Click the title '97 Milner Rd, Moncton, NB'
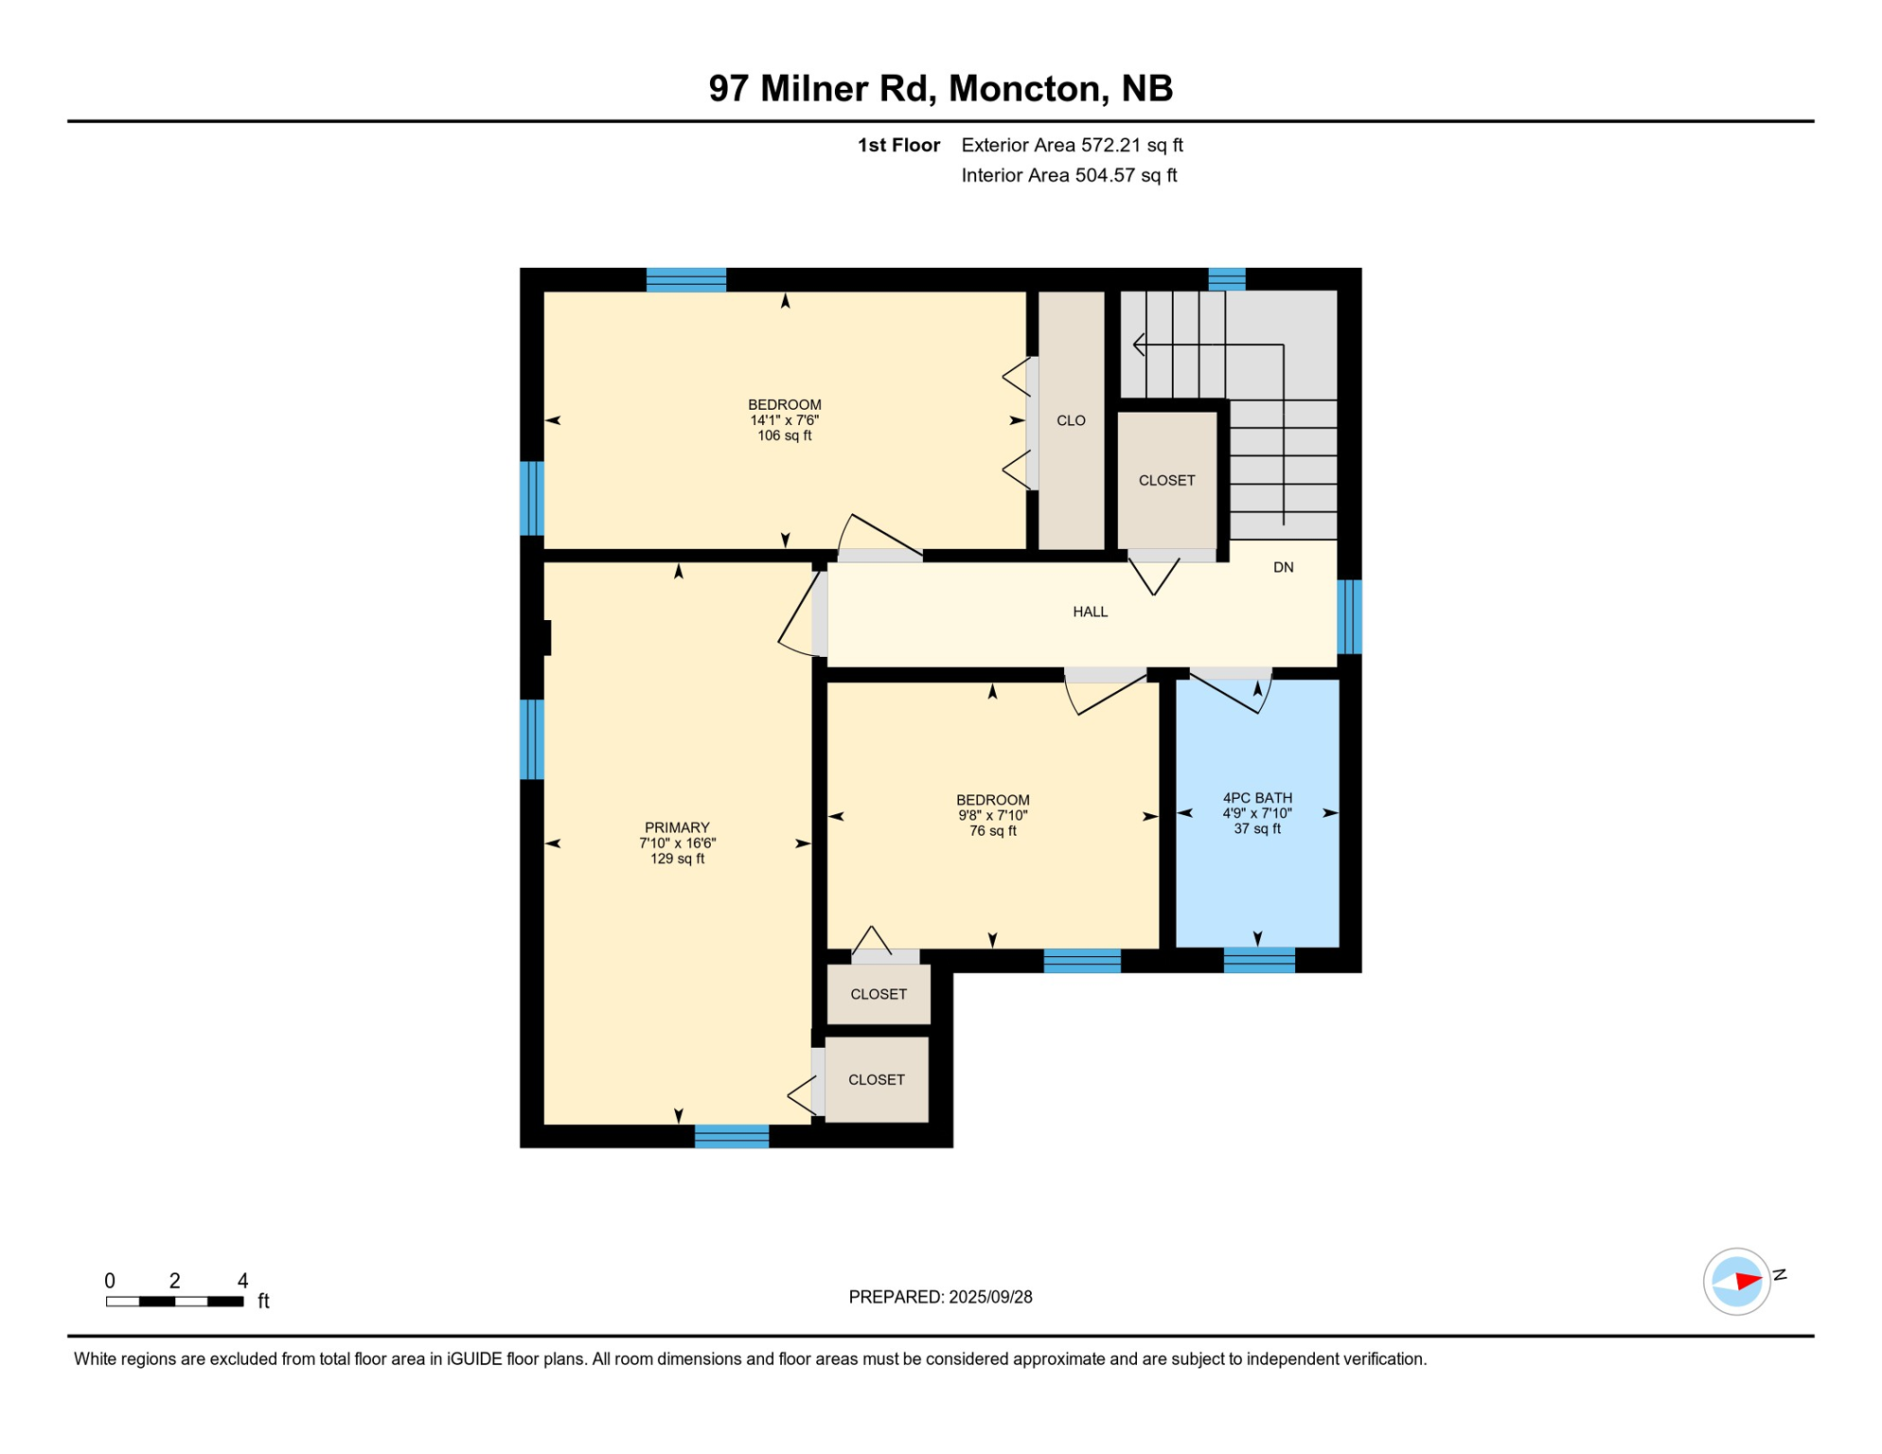(940, 88)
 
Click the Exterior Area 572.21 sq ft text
(1072, 145)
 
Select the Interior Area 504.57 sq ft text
(1069, 175)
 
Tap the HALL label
(1090, 612)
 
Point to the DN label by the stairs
(1283, 567)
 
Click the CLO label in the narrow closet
(1071, 420)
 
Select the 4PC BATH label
(1256, 798)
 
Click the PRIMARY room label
(677, 827)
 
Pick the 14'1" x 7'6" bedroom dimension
(784, 420)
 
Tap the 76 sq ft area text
(992, 831)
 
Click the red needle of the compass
(1748, 1282)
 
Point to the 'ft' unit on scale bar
(263, 1302)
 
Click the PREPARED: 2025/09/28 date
(940, 1297)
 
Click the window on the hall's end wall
(1349, 616)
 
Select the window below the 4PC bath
(1259, 960)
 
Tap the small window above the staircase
(1227, 279)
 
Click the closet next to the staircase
(1166, 480)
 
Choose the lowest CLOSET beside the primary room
(876, 1079)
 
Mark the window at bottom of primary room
(732, 1136)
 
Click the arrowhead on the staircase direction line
(1138, 345)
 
